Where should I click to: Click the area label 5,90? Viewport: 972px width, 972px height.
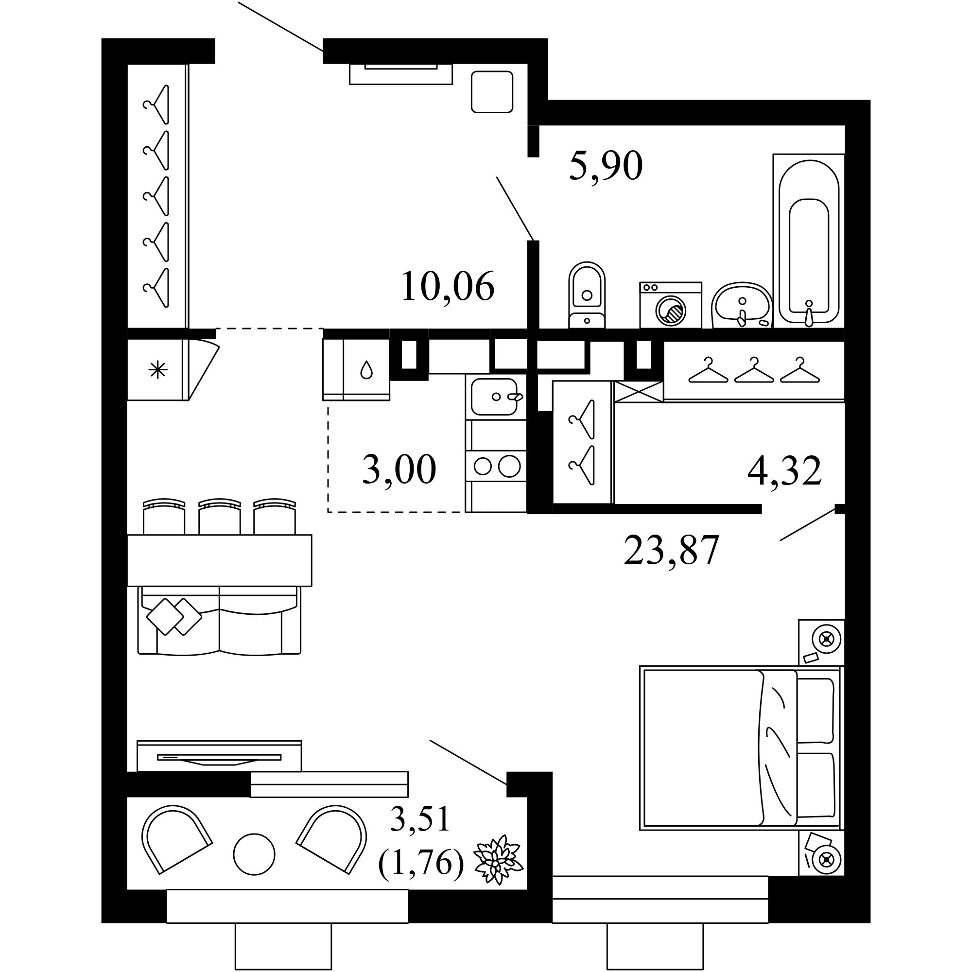pyautogui.click(x=606, y=166)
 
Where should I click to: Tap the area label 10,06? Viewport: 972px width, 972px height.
pyautogui.click(x=448, y=286)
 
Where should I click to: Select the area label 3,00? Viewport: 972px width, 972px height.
pyautogui.click(x=399, y=469)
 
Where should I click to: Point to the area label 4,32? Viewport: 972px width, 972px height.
pyautogui.click(x=784, y=470)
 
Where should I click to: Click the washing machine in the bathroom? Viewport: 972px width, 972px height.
pyautogui.click(x=671, y=305)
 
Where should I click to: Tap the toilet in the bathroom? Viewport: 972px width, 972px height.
pyautogui.click(x=587, y=295)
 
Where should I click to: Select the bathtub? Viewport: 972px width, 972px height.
pyautogui.click(x=809, y=241)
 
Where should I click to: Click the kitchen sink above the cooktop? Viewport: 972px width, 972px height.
pyautogui.click(x=496, y=397)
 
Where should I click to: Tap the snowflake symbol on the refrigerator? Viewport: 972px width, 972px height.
pyautogui.click(x=157, y=371)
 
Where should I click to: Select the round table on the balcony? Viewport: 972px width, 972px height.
pyautogui.click(x=254, y=854)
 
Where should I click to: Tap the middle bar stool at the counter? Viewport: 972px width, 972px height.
pyautogui.click(x=219, y=516)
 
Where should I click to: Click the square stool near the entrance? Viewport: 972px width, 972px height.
pyautogui.click(x=492, y=91)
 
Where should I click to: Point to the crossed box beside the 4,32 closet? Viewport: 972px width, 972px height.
pyautogui.click(x=639, y=392)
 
